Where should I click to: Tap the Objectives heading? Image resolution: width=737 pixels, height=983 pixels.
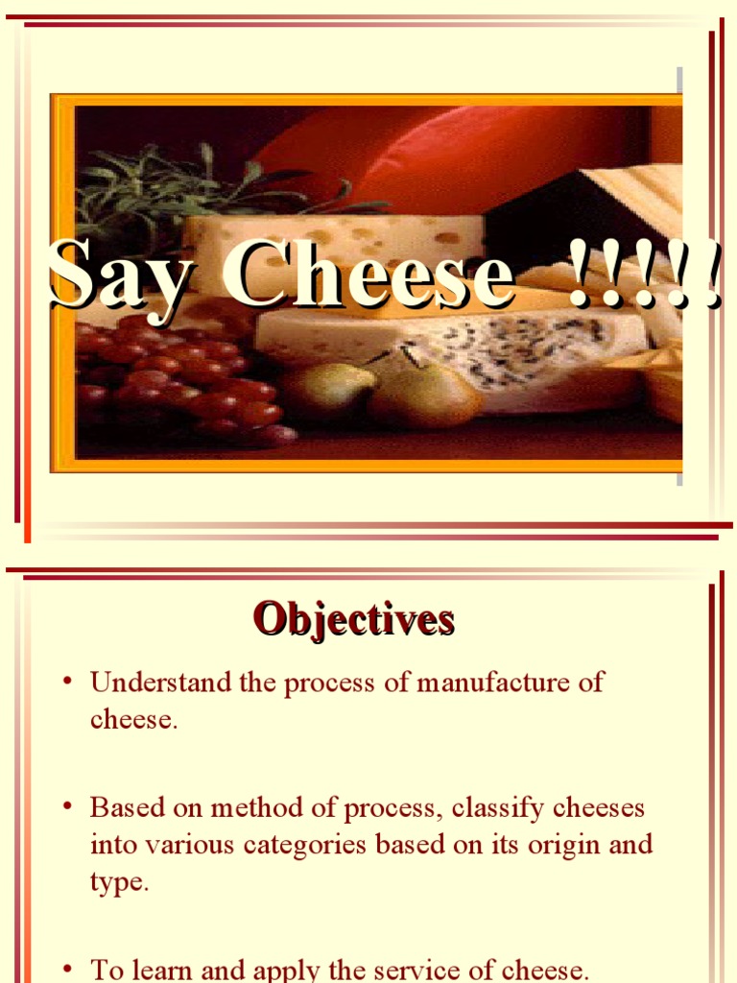click(353, 620)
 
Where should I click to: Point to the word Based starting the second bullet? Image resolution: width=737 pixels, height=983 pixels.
click(122, 807)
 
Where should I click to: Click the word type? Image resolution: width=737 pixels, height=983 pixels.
click(119, 883)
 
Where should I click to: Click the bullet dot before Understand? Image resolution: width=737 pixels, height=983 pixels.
click(67, 683)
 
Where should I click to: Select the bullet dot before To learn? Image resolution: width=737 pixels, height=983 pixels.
click(67, 970)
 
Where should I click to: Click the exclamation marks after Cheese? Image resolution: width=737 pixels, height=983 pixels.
click(643, 276)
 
